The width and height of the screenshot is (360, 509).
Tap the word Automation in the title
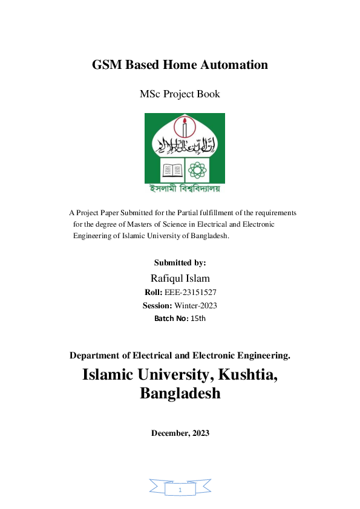tap(237, 65)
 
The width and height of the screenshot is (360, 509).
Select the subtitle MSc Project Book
tap(180, 94)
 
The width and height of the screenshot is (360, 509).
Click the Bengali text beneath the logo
tap(185, 188)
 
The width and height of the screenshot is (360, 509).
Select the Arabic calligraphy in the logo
tap(184, 144)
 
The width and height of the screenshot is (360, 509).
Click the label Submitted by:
tap(180, 262)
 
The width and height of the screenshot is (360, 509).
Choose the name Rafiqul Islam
tap(180, 277)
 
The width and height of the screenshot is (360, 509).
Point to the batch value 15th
tap(198, 318)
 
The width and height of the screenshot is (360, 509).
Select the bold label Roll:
tap(153, 292)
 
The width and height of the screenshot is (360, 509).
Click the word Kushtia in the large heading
tap(244, 374)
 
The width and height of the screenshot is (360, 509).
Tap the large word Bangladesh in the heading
tap(180, 394)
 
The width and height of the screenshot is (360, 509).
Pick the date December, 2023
tap(180, 433)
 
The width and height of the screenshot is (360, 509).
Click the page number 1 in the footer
tap(180, 490)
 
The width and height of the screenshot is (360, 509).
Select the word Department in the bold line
tap(96, 355)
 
